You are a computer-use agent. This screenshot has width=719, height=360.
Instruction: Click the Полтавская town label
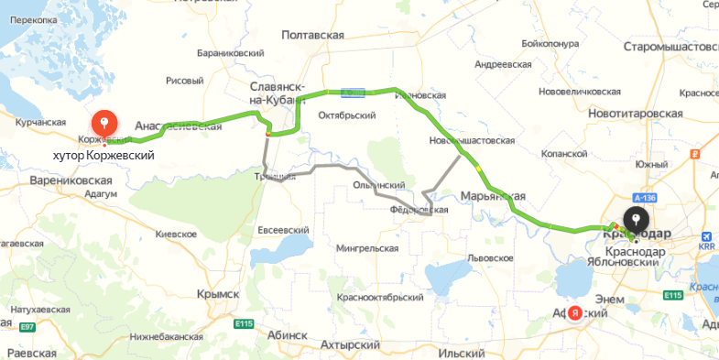click(313, 35)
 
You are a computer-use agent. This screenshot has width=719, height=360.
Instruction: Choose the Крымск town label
click(217, 293)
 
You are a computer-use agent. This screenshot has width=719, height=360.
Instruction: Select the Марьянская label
click(493, 195)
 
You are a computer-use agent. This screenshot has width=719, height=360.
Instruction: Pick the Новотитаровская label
click(637, 113)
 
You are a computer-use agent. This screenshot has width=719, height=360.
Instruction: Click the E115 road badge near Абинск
click(243, 323)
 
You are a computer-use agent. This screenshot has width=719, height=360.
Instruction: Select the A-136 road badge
click(644, 197)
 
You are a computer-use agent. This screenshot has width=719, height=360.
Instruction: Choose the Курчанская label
click(40, 122)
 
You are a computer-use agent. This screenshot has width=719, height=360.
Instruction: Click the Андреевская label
click(503, 65)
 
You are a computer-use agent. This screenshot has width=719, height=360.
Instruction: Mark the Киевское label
click(177, 235)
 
